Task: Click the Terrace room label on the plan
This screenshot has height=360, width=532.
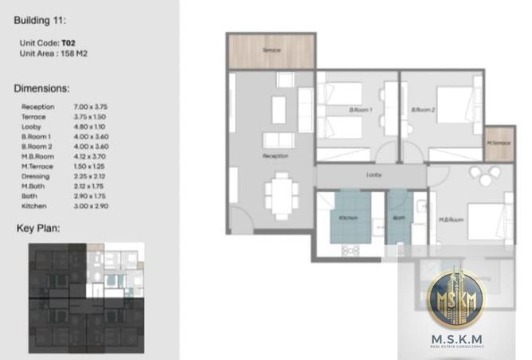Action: click(x=272, y=49)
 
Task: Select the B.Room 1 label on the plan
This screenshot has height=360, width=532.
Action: click(x=361, y=110)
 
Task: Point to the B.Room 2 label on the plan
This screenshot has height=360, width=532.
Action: click(x=422, y=110)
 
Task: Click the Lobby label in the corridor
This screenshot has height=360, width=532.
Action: click(x=372, y=174)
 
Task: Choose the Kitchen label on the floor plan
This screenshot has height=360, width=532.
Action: click(x=347, y=218)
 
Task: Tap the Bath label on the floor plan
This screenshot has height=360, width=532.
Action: click(x=397, y=218)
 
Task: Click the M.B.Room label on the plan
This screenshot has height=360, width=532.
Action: click(x=451, y=220)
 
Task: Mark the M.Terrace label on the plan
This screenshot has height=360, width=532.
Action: click(x=498, y=143)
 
